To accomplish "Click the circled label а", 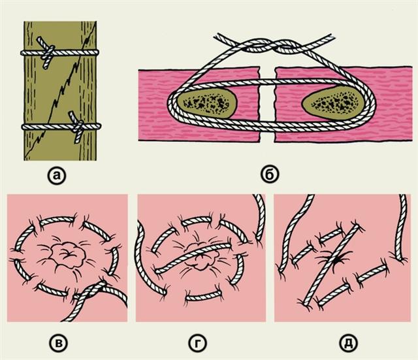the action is point(57,176).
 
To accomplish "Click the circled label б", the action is point(270,175).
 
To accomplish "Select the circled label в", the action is point(59,342).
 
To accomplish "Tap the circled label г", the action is point(197,342).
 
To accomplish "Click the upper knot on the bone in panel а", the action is point(49,52).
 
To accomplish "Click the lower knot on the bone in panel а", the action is point(78,126).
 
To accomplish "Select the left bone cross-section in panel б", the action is point(206,103).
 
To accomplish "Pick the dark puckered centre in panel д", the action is point(336,258).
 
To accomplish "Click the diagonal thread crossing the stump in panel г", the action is point(192,258).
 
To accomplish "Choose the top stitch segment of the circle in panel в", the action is point(57,221).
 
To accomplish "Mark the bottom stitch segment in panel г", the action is point(203,296).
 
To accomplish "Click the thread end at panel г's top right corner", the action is point(260,216).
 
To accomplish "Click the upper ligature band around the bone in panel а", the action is point(60,52).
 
